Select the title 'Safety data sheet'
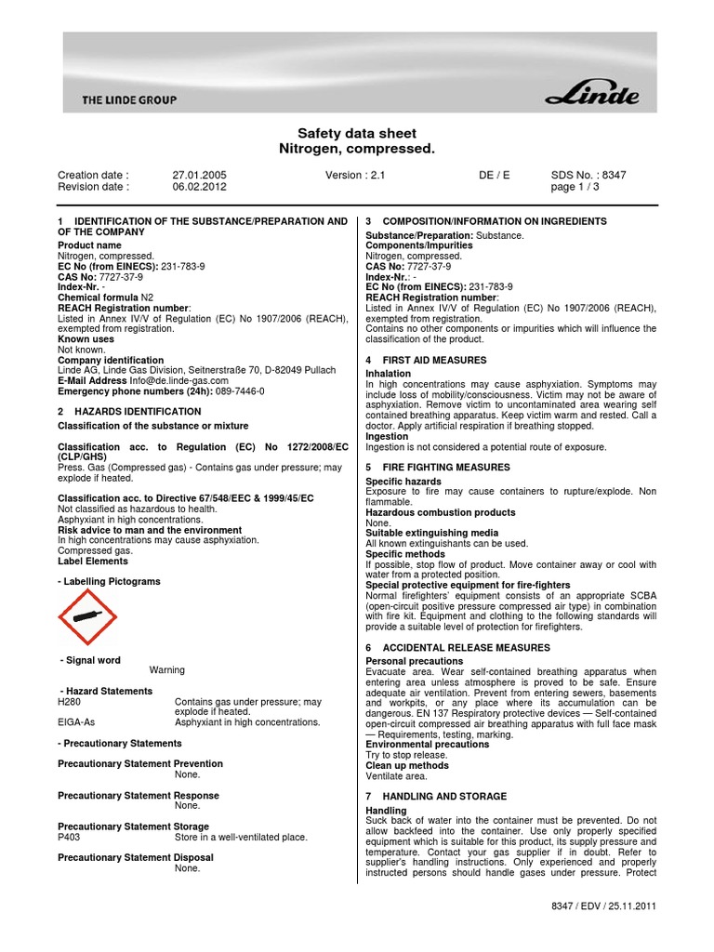pyautogui.click(x=357, y=134)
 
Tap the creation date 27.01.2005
pyautogui.click(x=199, y=175)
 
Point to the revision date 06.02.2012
pyautogui.click(x=199, y=186)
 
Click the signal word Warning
pyautogui.click(x=167, y=669)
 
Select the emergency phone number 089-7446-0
pyautogui.click(x=240, y=391)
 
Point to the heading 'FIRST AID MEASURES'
pyautogui.click(x=434, y=360)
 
